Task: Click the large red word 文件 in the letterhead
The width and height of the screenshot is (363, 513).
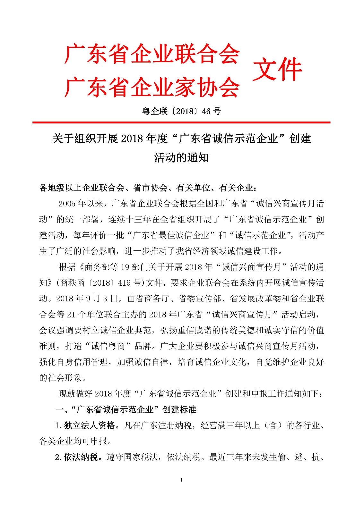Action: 277,70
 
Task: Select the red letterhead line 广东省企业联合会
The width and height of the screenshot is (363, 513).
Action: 152,54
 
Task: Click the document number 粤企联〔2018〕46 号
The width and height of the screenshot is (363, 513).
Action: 181,111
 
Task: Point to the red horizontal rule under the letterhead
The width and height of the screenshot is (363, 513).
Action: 181,122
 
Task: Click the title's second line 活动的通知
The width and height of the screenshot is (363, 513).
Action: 181,158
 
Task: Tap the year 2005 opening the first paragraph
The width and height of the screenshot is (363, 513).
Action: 67,204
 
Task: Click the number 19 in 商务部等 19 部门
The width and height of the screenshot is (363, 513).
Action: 125,267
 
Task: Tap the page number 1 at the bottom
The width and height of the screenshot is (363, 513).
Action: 181,480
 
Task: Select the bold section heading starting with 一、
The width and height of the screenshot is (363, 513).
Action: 126,410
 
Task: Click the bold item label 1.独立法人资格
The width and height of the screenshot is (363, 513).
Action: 85,425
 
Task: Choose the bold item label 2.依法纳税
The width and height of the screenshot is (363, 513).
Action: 76,457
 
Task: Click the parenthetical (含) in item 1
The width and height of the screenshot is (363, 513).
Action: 272,425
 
